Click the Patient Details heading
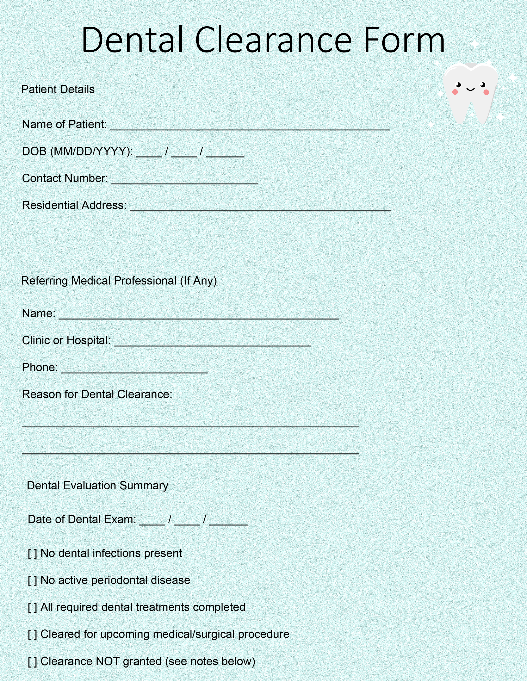58,89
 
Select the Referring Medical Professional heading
119,281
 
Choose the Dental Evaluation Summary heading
97,486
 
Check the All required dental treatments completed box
32,608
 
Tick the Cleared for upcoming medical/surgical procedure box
32,634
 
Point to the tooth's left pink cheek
455,92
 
